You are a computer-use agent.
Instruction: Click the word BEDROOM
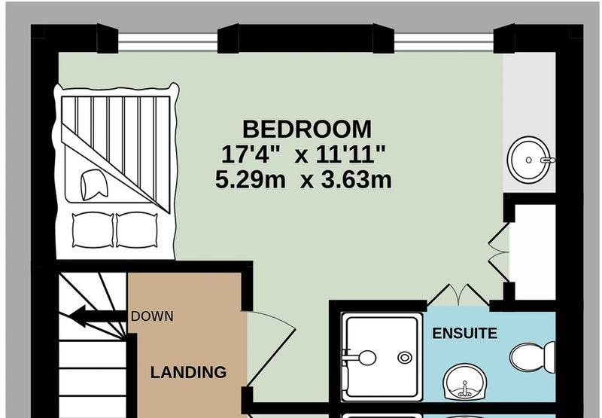pyautogui.click(x=307, y=129)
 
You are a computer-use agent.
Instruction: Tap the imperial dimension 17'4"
pyautogui.click(x=251, y=154)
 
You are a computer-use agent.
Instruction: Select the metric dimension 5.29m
pyautogui.click(x=251, y=179)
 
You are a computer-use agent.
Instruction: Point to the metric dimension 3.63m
pyautogui.click(x=356, y=179)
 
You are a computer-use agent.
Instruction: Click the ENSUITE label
pyautogui.click(x=464, y=333)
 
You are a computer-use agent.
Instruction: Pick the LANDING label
pyautogui.click(x=188, y=372)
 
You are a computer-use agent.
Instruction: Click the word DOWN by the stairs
pyautogui.click(x=152, y=316)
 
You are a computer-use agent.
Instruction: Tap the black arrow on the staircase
pyautogui.click(x=98, y=316)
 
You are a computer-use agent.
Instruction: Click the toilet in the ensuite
pyautogui.click(x=532, y=357)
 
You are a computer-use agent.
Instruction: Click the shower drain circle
pyautogui.click(x=404, y=358)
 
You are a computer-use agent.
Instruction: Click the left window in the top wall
pyautogui.click(x=168, y=42)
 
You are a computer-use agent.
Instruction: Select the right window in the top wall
pyautogui.click(x=443, y=42)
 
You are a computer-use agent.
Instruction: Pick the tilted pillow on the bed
pyautogui.click(x=94, y=185)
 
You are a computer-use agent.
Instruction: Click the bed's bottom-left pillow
pyautogui.click(x=93, y=230)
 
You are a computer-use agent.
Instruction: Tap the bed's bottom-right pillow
pyautogui.click(x=137, y=230)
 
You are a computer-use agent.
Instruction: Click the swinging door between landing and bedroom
pyautogui.click(x=271, y=348)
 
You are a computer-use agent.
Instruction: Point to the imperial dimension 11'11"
pyautogui.click(x=351, y=154)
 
